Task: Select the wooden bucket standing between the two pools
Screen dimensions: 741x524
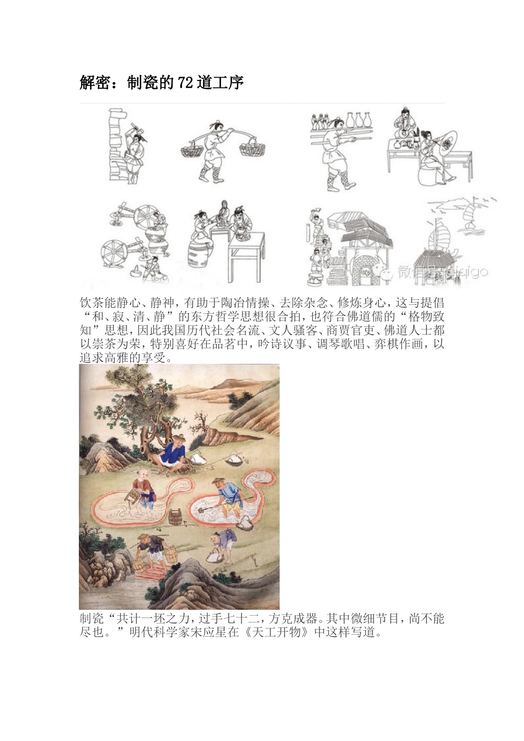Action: click(175, 517)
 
